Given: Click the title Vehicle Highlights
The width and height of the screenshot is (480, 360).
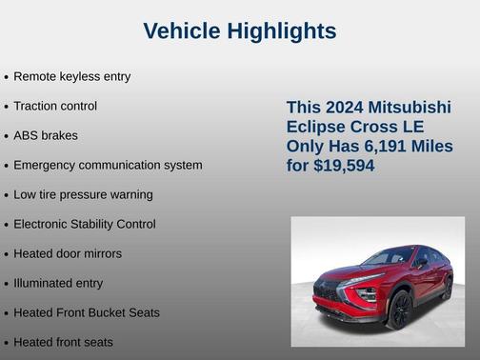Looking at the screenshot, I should point(239,31).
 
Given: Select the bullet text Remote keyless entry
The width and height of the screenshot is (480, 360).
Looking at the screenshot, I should point(71,76).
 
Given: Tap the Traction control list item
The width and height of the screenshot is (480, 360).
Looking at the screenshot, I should point(55,106).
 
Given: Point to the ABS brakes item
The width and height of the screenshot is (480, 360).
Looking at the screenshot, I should point(46,135).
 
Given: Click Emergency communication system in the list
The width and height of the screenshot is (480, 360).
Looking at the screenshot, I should point(108,165).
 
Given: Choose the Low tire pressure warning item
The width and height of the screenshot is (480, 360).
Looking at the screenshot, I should point(83,194).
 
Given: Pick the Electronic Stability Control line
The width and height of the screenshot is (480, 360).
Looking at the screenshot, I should point(85,224).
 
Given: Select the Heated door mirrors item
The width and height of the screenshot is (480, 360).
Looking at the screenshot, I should point(68,253).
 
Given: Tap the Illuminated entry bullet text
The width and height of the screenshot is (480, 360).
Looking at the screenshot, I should point(58,283).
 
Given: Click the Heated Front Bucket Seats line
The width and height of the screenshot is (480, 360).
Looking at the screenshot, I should point(87,312).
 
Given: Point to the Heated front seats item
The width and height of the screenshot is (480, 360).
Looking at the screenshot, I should point(63,342).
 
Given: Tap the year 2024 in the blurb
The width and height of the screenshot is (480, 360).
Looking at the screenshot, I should point(344,107).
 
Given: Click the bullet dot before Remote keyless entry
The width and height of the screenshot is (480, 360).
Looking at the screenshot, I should point(7,77).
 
